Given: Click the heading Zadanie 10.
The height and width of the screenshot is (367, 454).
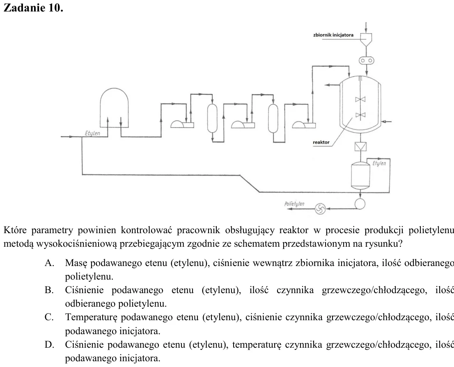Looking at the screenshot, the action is click(x=33, y=7).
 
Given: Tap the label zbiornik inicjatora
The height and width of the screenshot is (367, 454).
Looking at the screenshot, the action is click(x=333, y=35).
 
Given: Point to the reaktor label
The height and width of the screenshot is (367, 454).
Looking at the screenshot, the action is click(x=321, y=142).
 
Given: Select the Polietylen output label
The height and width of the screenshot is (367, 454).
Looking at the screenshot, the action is click(x=294, y=204).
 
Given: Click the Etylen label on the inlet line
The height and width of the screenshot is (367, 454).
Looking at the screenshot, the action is click(x=92, y=133).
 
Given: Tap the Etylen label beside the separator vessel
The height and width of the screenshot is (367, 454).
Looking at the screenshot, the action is click(x=379, y=163).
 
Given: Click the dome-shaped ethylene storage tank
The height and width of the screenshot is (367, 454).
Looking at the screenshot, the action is click(x=114, y=108).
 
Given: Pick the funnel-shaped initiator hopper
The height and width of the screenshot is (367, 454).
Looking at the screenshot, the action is click(x=366, y=39).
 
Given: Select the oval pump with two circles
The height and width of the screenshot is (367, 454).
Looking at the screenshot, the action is click(x=366, y=60).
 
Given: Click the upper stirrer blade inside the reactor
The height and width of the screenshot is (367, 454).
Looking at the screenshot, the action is click(x=360, y=99).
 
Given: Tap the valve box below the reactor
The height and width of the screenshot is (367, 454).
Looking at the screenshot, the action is click(x=360, y=147).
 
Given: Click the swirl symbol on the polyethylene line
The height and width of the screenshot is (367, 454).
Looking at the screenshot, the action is click(x=320, y=209).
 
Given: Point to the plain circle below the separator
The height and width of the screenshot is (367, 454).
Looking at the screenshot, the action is click(x=360, y=204).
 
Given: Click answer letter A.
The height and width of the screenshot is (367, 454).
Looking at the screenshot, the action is click(x=49, y=263).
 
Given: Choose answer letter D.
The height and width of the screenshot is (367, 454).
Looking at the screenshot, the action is click(x=49, y=345).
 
